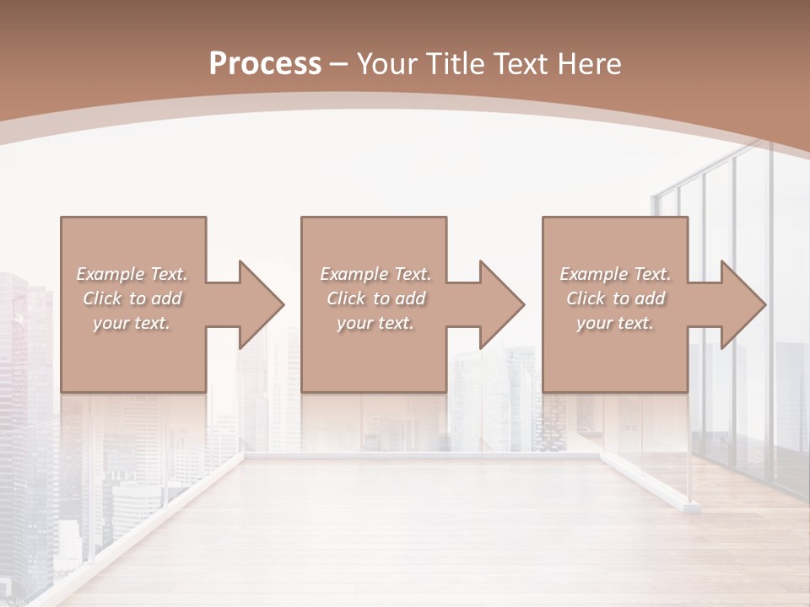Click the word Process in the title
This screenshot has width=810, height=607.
pos(265,64)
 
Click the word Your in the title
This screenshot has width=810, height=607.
pos(387,64)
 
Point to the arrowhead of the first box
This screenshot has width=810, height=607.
pos(261,304)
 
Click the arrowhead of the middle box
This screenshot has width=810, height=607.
pos(501,304)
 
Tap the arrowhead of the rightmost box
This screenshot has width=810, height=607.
pos(742,304)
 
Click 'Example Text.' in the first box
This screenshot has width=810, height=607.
pos(132,274)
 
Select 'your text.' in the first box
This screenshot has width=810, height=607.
pos(132,323)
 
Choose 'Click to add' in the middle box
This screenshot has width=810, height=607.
pos(375,298)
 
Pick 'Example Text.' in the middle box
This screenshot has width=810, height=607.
pos(375,274)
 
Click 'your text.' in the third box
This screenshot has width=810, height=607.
pos(615,323)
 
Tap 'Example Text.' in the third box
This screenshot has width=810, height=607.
pos(615,274)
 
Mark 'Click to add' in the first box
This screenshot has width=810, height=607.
pos(132,298)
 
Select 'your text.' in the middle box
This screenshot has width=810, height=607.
pos(375,323)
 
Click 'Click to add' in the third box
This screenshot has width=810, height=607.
pos(615,298)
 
